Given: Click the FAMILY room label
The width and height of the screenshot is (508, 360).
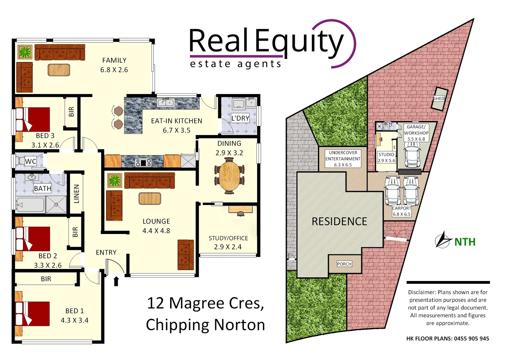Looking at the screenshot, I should coord(114,60).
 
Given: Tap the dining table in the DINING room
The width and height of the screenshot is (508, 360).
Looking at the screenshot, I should coord(229,175).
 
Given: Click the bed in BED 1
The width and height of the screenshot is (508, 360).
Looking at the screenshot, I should coord(33,314).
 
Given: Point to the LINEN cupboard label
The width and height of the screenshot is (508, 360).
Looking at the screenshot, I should coord(76,194).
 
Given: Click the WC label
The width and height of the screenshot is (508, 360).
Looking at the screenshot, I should coord(31,161).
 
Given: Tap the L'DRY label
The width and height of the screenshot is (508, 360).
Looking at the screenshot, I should coord(240,118).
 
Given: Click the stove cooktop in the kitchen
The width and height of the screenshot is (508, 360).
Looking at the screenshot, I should coord(143,162).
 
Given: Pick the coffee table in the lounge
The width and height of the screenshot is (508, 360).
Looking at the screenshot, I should coord(150,199).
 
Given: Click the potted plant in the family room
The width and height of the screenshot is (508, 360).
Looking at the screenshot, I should coord(25,52).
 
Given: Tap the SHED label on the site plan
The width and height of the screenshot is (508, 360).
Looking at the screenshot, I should coord(439,99).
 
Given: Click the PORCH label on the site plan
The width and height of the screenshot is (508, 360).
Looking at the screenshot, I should coord(344,264).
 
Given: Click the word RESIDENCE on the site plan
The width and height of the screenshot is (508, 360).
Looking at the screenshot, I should coord(339,221).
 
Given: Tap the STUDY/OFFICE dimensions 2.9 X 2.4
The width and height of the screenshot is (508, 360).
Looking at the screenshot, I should coord(228,247).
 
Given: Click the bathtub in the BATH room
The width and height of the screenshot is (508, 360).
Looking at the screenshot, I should coord(30,205).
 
